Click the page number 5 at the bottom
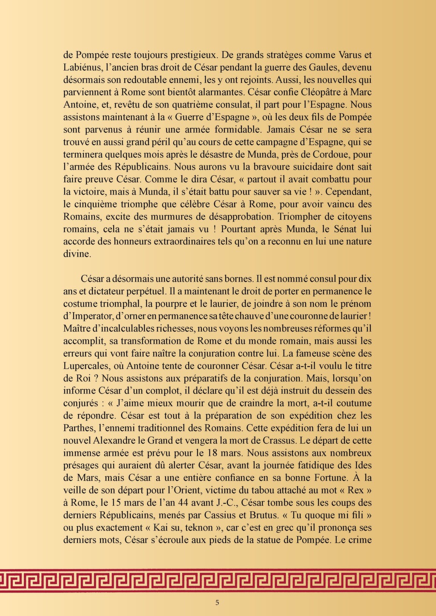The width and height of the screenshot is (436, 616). click(x=218, y=602)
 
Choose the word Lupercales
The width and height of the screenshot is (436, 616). click(x=86, y=366)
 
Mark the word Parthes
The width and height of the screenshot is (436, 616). click(x=79, y=428)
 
